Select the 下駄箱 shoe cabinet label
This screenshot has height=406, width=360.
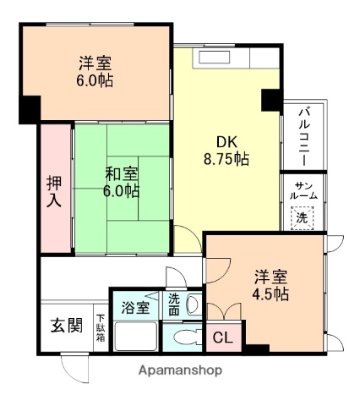[100, 326]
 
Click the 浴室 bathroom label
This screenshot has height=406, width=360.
[134, 306]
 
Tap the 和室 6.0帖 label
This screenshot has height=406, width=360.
[122, 183]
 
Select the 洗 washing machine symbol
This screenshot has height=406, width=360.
[302, 217]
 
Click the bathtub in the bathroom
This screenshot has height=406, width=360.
[135, 337]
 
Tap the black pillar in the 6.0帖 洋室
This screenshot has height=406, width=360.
[30, 108]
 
